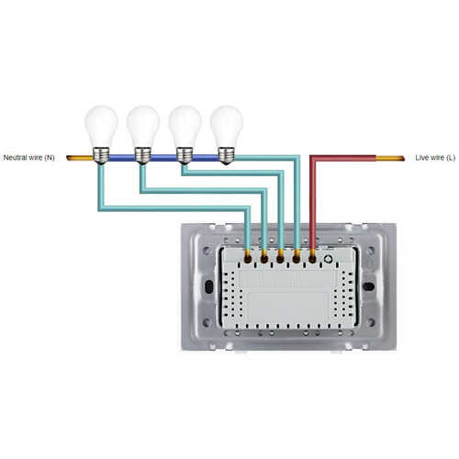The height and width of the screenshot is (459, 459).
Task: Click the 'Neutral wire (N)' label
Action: [28, 158]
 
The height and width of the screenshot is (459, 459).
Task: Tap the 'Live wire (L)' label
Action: [435, 158]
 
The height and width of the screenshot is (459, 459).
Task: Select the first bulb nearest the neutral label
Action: [101, 135]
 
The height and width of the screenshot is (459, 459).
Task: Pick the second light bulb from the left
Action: [143, 135]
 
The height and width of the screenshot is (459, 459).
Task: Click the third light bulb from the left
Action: [185, 135]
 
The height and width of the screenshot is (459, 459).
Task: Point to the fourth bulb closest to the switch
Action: [227, 135]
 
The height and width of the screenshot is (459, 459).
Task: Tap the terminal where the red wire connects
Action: [312, 259]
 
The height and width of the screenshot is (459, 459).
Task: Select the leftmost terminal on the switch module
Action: [248, 259]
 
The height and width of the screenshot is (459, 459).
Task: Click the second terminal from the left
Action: [264, 259]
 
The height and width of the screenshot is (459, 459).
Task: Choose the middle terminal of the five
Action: [280, 259]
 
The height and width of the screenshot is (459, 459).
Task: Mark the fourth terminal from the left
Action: [297, 259]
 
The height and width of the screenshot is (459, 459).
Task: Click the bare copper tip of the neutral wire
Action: [80, 158]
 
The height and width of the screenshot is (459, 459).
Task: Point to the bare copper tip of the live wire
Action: [390, 158]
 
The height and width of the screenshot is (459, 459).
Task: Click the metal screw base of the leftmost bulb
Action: [101, 156]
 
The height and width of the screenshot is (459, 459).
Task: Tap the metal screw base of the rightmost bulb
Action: [227, 156]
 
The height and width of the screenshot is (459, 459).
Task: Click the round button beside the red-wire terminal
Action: [329, 259]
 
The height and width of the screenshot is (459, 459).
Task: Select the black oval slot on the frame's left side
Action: [208, 286]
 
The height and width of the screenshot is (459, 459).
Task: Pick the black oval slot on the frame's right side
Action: [368, 286]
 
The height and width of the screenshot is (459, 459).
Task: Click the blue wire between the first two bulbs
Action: [122, 158]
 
